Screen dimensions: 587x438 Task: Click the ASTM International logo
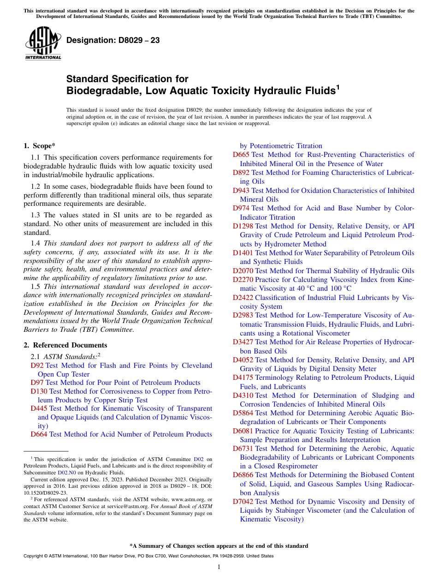[x=43, y=43]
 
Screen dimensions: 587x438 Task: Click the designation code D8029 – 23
[x=113, y=40]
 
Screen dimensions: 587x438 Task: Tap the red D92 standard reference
[x=37, y=365]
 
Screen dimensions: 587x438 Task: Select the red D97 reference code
[x=37, y=383]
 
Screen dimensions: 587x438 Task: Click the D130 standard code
[x=39, y=391]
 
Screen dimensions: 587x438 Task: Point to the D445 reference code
[x=39, y=408]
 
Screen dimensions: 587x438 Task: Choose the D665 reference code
[x=241, y=155]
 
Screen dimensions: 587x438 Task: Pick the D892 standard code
[x=241, y=173]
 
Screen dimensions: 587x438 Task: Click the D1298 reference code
[x=243, y=226]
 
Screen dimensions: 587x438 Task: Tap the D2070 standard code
[x=243, y=271]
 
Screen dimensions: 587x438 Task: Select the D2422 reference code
[x=243, y=298]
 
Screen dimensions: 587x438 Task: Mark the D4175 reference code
[x=243, y=377]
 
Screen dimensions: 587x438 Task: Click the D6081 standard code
[x=243, y=431]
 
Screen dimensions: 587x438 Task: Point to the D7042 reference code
[x=243, y=502]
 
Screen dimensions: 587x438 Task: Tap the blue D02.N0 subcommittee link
[x=66, y=473]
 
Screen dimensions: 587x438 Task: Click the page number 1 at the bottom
[x=219, y=567]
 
